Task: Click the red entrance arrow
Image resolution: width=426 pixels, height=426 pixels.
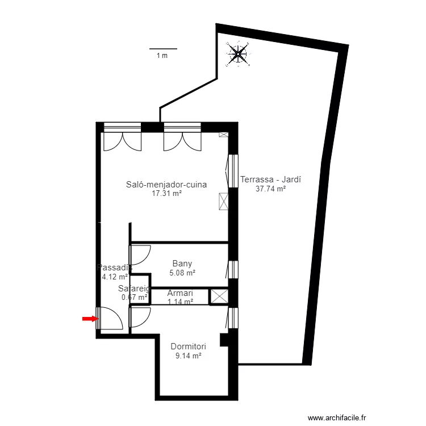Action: click(89, 319)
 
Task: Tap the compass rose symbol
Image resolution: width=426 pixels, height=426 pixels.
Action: click(237, 55)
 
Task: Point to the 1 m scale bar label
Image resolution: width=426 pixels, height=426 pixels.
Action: click(162, 56)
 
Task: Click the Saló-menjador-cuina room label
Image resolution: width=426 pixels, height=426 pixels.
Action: click(166, 185)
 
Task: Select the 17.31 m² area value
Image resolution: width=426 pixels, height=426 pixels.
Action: click(166, 194)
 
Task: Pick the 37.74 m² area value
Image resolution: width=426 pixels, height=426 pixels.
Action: click(270, 189)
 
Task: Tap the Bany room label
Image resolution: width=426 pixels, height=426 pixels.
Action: click(182, 264)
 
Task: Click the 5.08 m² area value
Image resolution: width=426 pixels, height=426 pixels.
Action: click(182, 273)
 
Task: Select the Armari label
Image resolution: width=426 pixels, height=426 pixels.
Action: click(180, 294)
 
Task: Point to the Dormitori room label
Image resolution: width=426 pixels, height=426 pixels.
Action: click(188, 346)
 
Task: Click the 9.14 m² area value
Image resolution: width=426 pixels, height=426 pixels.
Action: click(188, 356)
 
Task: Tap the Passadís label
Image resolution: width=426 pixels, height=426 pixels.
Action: click(115, 267)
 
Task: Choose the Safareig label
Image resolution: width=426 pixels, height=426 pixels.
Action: click(134, 289)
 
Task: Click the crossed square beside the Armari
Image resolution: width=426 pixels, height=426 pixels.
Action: click(219, 296)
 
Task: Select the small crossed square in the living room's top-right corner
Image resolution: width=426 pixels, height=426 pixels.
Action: click(223, 135)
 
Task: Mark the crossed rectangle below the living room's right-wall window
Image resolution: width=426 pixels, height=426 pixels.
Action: click(223, 201)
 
